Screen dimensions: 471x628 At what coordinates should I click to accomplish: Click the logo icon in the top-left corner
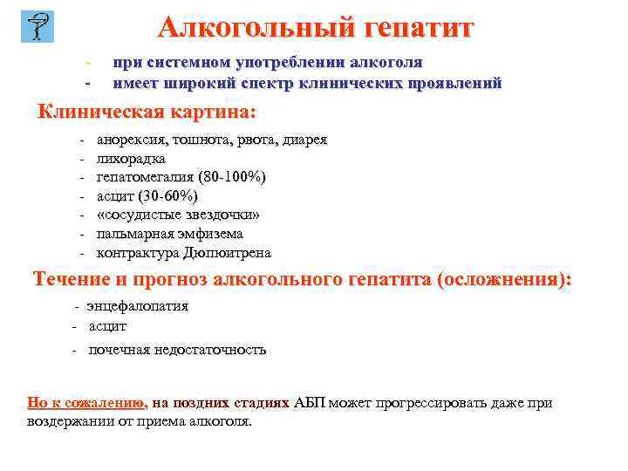[37, 26]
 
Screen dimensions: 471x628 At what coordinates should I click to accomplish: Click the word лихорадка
[131, 159]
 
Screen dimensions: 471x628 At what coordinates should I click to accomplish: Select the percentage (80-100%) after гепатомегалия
[233, 177]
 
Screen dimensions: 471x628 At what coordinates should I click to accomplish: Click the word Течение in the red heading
[72, 280]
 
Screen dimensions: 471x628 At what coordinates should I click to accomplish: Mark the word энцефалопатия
[138, 306]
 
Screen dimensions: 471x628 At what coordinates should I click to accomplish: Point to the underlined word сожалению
[107, 403]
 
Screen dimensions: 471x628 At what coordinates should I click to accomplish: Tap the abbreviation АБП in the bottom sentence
[310, 403]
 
